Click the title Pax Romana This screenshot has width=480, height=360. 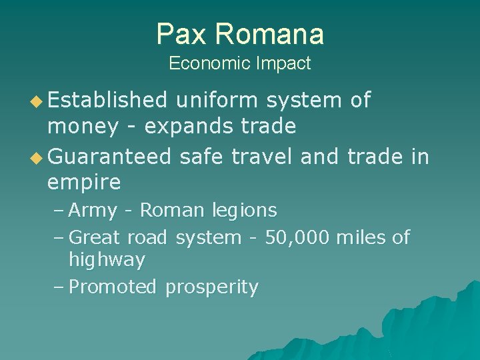[240, 34]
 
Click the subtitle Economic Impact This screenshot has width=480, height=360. [240, 63]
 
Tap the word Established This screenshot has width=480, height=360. [107, 100]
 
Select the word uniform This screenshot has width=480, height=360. [217, 100]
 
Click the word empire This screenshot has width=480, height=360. [84, 181]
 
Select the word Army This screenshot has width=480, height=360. [93, 211]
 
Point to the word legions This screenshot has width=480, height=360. [244, 211]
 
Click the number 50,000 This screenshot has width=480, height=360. [297, 237]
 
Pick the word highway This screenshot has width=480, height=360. [107, 260]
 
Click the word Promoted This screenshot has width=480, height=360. [113, 287]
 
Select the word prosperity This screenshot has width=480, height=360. [211, 288]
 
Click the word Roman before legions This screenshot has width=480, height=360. [172, 211]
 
